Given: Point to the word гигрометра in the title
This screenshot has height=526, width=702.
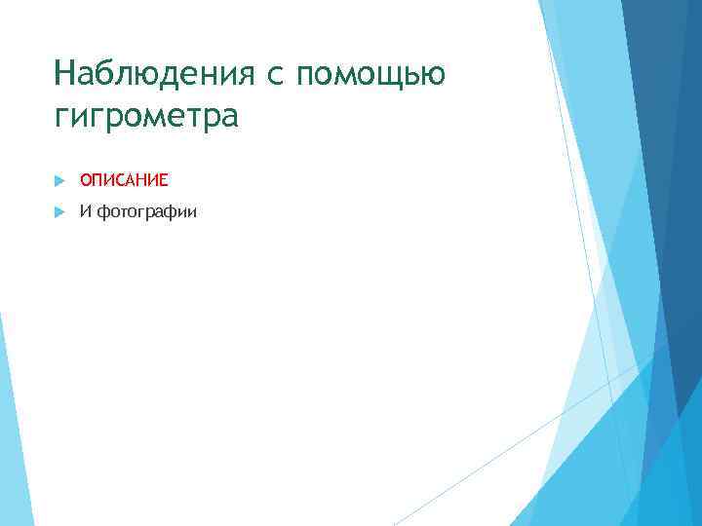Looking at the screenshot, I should [x=146, y=117].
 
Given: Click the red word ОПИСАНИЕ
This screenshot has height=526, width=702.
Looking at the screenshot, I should [x=124, y=180].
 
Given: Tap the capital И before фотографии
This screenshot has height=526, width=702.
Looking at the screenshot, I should [x=86, y=212].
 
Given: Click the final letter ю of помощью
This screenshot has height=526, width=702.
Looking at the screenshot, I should [x=435, y=76].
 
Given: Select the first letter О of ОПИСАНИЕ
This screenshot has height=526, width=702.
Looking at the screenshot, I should [x=86, y=180].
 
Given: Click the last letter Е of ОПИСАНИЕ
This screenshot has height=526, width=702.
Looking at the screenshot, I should [x=164, y=180].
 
